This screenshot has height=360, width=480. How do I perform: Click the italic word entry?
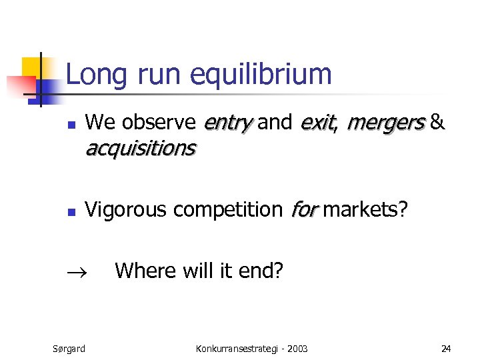[x=227, y=123]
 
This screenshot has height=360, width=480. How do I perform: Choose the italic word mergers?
[x=385, y=123]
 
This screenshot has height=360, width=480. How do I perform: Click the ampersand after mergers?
[x=437, y=123]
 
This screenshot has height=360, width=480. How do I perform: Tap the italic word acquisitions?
[x=140, y=148]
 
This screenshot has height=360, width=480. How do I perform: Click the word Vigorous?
[x=127, y=210]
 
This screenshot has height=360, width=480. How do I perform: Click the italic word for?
[x=305, y=210]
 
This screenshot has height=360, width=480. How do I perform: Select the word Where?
[x=144, y=271]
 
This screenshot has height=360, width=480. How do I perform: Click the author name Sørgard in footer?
[x=69, y=348]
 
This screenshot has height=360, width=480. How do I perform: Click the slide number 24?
[x=446, y=348]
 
